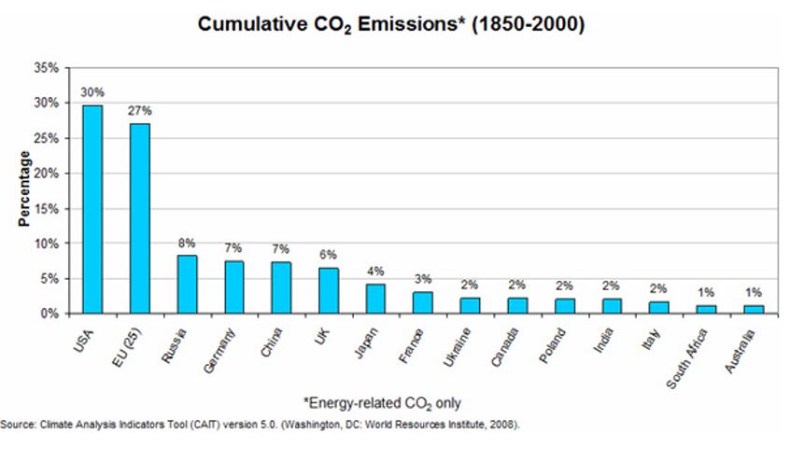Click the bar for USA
(92, 209)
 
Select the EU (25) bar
(139, 218)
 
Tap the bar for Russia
(187, 284)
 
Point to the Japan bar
(375, 299)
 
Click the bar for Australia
(753, 309)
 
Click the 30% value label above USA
(92, 92)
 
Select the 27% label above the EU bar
(140, 111)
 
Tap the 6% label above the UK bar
(328, 255)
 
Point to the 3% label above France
(423, 279)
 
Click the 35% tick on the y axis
(47, 68)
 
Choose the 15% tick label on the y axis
(47, 208)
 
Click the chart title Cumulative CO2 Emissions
(391, 24)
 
